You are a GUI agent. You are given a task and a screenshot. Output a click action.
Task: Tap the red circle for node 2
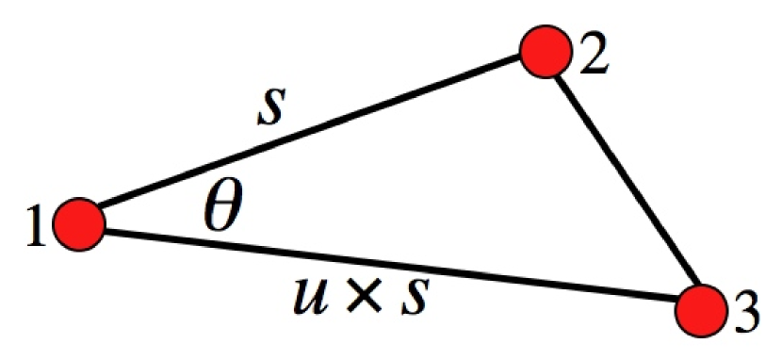[546, 53]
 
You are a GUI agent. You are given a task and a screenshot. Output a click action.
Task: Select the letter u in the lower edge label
[308, 301]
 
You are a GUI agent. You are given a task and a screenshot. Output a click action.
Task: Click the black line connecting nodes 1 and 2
[311, 139]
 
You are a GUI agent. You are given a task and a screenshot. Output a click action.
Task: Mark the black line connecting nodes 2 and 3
[624, 181]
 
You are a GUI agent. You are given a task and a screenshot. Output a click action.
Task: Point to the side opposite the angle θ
[624, 181]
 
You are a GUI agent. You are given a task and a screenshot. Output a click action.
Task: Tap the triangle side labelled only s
[311, 139]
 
